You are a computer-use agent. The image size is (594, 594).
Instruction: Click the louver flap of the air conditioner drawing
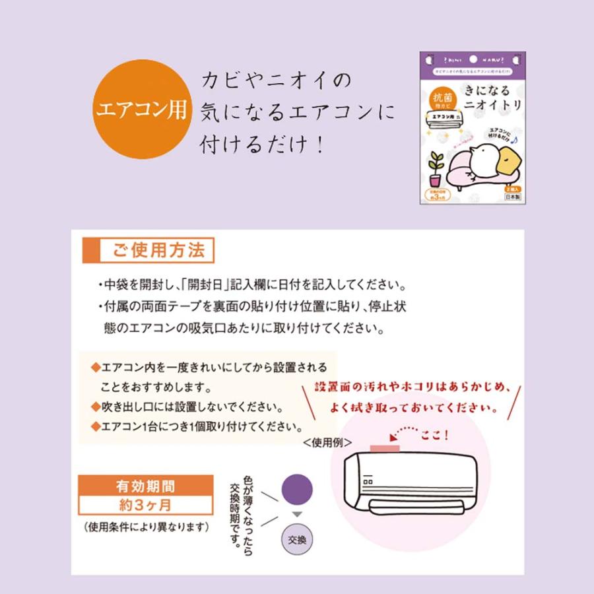[416, 506]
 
